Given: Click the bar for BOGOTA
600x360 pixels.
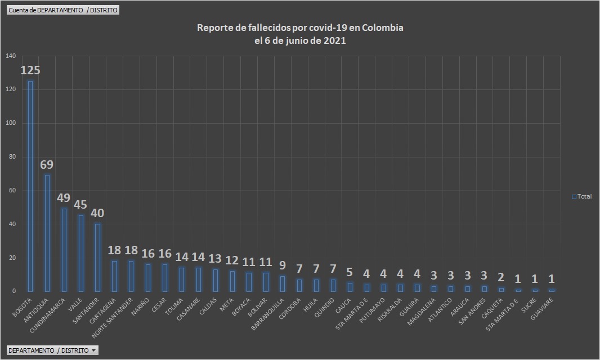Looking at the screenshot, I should click(30, 186).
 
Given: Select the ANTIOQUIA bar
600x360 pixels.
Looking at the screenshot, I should click(47, 233).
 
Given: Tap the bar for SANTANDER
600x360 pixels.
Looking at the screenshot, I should click(97, 258).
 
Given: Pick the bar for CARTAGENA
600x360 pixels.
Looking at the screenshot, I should click(114, 276).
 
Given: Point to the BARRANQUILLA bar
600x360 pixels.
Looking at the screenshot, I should click(283, 283).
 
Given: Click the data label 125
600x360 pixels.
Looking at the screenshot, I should click(30, 71).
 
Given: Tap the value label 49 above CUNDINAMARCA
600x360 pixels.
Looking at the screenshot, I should click(64, 199).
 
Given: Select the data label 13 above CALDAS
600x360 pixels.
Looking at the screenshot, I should click(215, 259).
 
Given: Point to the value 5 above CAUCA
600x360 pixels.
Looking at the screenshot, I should click(350, 273).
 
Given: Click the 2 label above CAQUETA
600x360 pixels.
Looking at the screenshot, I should click(501, 278).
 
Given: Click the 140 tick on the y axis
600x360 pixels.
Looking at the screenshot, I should click(11, 56).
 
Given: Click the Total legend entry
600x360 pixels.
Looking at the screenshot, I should click(581, 196).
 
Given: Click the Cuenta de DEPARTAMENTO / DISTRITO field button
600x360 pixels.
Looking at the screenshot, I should click(63, 10).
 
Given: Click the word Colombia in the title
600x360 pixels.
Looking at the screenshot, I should click(383, 28).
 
